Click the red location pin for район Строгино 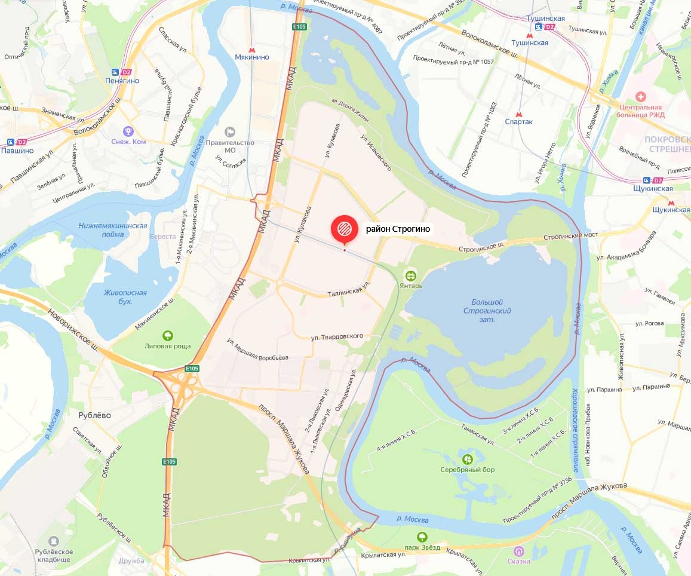point(344,229)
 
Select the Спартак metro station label point(518,121)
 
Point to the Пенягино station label point(122,80)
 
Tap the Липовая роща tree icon point(168,336)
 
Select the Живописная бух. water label point(125,297)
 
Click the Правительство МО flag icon point(230,132)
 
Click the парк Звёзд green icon point(422,537)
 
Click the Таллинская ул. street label point(349,291)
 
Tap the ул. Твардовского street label point(337,336)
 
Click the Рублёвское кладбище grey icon point(54,541)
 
